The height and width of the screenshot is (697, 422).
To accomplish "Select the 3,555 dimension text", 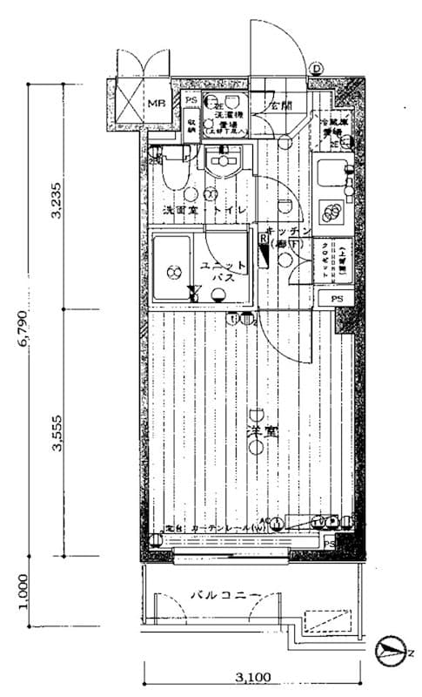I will (57, 433).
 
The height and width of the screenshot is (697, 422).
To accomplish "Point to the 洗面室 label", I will (179, 212).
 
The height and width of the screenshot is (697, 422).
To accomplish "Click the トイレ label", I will (230, 212).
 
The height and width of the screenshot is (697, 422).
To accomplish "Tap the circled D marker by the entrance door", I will (318, 69).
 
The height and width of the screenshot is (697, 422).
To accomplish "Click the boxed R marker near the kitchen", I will (262, 236).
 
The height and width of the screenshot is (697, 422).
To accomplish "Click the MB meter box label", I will (156, 104).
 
